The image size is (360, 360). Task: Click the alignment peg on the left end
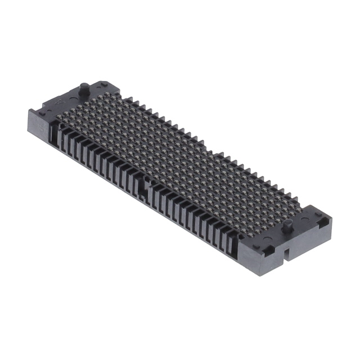coord(84,89)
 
